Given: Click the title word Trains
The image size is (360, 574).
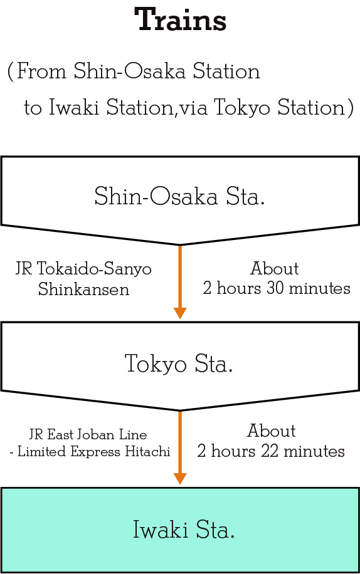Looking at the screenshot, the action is click(180, 19).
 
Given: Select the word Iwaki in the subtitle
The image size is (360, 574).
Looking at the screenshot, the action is click(74, 107).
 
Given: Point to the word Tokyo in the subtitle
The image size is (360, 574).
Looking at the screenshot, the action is click(241, 108).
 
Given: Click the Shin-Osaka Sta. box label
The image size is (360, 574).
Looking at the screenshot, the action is click(179, 196).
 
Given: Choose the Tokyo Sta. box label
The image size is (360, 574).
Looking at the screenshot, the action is click(179, 363).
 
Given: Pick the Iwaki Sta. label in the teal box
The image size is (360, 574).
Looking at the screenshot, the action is click(184, 530).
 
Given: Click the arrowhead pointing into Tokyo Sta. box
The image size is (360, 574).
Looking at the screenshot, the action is click(180, 313).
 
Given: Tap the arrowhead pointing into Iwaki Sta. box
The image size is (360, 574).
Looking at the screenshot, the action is click(180, 479).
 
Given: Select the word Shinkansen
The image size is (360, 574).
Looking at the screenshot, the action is click(84, 289).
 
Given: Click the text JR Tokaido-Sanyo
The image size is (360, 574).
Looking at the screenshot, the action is click(83, 269).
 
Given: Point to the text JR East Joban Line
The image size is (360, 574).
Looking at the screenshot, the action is click(88, 434).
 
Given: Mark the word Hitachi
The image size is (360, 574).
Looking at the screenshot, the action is click(147, 451).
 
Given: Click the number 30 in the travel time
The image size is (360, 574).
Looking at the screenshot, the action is click(275, 288).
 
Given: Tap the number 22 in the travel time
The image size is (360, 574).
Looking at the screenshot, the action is click(270, 451).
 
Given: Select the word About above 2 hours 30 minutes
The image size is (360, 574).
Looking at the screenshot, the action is click(275, 268).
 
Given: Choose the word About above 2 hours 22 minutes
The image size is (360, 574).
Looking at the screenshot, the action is click(272, 430).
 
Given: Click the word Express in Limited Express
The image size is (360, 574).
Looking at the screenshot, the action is click(95, 452).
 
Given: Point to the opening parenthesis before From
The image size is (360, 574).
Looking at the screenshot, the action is click(11, 71).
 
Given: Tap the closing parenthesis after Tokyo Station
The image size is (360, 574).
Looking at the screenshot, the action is click(351, 108).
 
